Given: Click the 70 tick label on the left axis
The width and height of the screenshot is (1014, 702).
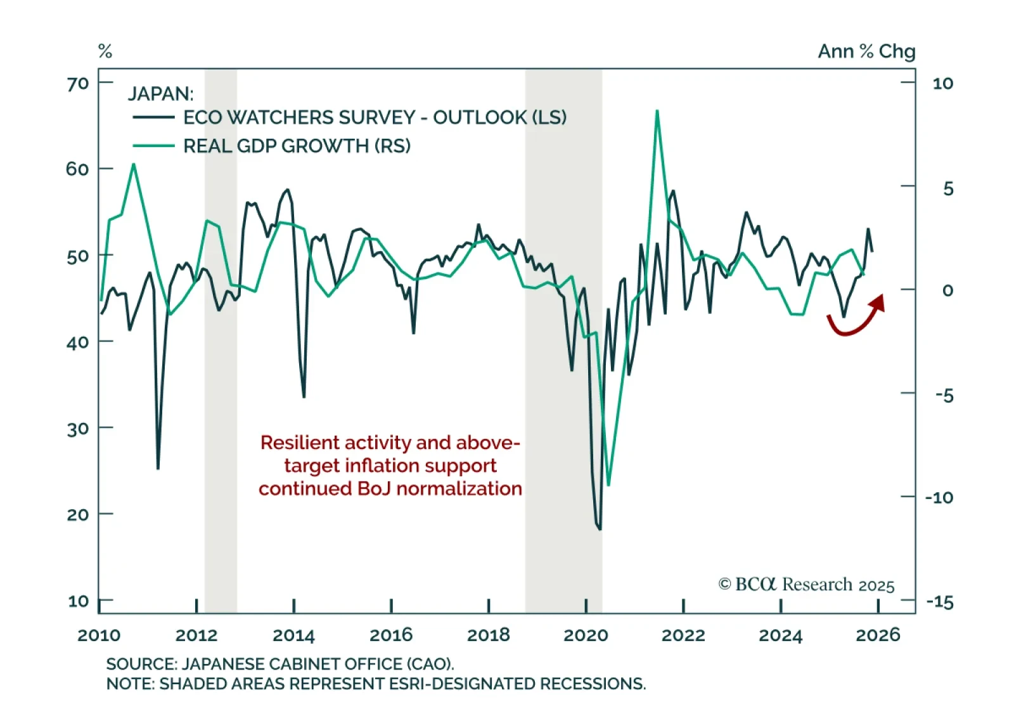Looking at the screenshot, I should (77, 84).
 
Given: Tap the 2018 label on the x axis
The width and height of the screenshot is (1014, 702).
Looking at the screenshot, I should (488, 635).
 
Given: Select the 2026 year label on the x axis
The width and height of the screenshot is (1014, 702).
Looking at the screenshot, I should (878, 635).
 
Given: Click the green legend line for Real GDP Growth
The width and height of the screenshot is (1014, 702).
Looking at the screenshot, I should (153, 146).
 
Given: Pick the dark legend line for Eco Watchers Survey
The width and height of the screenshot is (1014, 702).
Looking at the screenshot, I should (153, 117).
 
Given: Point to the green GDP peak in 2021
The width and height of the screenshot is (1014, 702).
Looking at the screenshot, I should (657, 112).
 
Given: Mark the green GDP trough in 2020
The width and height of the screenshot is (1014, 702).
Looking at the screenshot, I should (608, 485).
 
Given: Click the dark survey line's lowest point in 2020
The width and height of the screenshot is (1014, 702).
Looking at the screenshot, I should (600, 528).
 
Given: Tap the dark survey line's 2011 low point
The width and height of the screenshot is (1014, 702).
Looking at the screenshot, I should (158, 468).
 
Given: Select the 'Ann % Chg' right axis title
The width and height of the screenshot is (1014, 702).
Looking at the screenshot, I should (866, 51).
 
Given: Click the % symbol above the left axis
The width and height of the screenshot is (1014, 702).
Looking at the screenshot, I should (105, 51).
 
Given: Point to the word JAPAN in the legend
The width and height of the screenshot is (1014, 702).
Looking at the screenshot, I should (160, 94).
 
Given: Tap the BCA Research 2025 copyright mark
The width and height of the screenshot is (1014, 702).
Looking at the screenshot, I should (806, 584).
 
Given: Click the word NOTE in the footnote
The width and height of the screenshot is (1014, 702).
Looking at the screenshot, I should (129, 684).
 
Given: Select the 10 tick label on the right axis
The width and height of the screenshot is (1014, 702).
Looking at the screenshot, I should (942, 84).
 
